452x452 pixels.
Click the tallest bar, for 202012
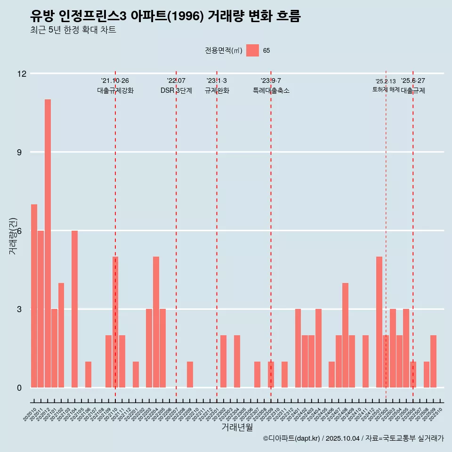point(48,243)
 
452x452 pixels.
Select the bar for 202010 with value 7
point(34,296)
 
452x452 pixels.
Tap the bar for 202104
point(74,309)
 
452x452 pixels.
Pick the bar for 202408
point(345,335)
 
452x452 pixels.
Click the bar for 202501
point(379,322)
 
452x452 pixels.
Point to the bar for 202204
point(156,322)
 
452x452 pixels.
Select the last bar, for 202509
point(433,361)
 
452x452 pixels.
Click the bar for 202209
point(190,374)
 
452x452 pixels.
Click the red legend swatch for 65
point(252,50)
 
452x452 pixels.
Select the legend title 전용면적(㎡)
point(224,50)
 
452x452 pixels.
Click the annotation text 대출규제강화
point(115,90)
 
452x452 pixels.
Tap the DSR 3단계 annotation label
point(176,90)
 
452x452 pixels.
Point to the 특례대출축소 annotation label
point(271,90)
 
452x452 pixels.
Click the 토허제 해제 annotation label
point(386,89)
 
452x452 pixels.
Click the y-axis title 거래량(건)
point(13,236)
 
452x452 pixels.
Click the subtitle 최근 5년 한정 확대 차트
point(73,30)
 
